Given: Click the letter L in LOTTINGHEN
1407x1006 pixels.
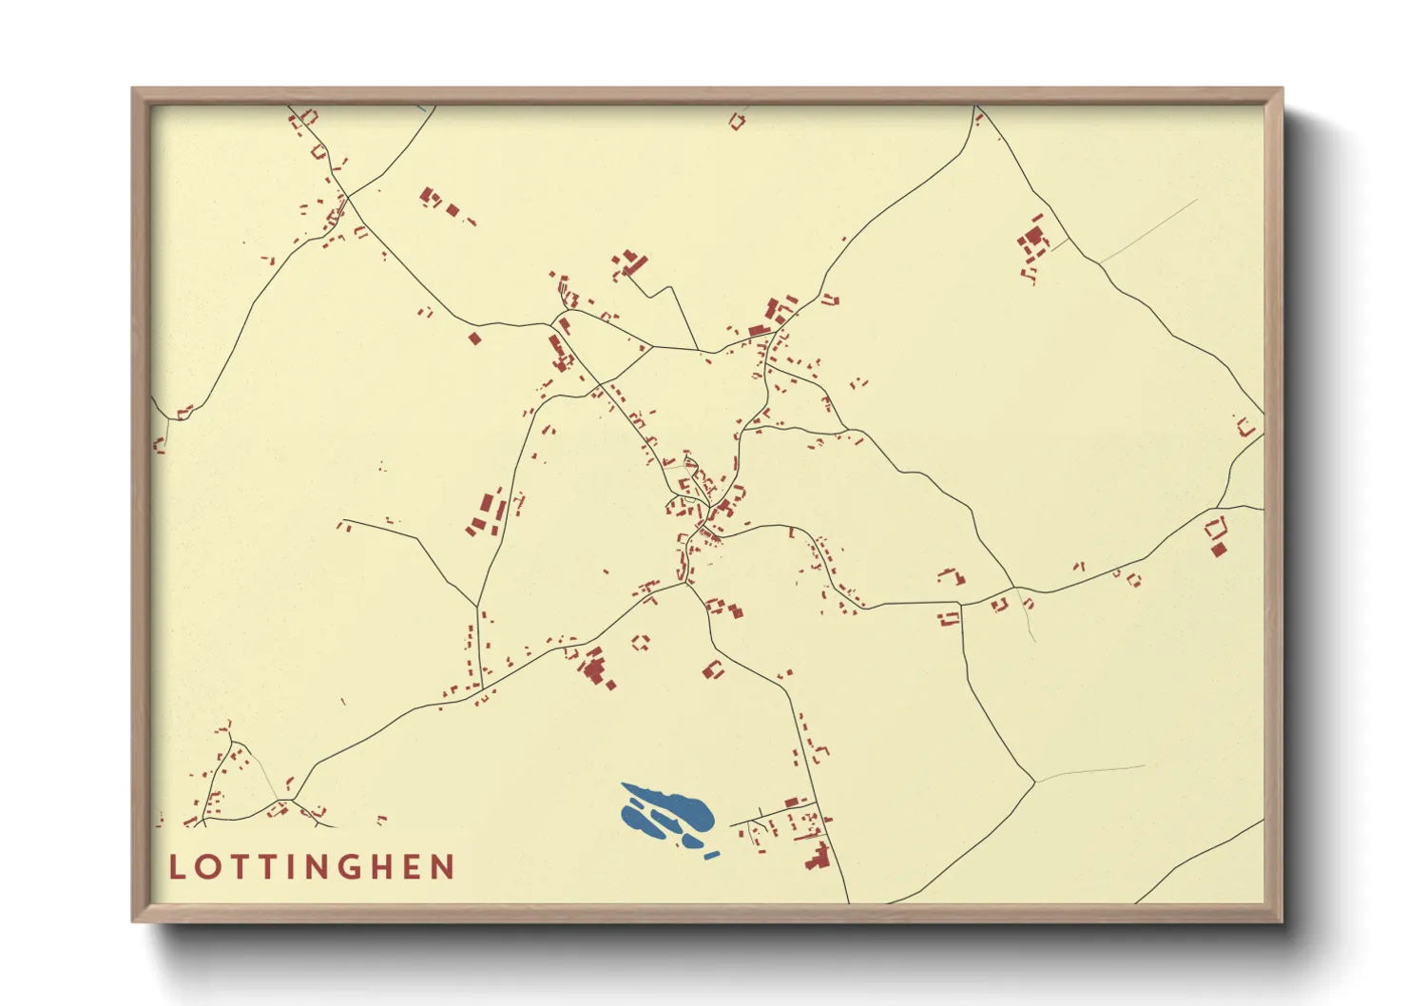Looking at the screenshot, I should click(x=176, y=867).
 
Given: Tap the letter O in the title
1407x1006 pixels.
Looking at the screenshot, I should click(x=204, y=867).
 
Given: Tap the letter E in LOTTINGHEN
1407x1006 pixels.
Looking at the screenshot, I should click(x=413, y=867).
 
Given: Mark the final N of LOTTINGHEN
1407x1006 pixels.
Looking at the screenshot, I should click(x=442, y=867).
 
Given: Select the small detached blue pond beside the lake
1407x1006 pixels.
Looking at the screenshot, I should click(x=711, y=855).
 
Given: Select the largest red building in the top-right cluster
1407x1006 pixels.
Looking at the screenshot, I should click(x=1033, y=235).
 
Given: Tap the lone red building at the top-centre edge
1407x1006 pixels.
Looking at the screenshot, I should click(x=737, y=121).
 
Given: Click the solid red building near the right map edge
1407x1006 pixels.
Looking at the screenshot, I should click(x=1219, y=549).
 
